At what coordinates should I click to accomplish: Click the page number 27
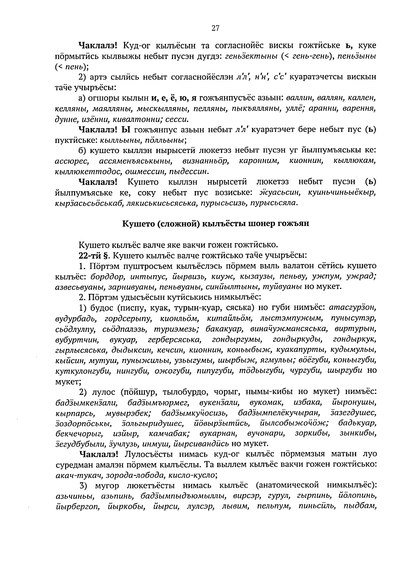215,28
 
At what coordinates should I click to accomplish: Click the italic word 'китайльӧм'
229,319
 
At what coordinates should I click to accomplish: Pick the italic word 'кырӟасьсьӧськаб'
89,203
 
